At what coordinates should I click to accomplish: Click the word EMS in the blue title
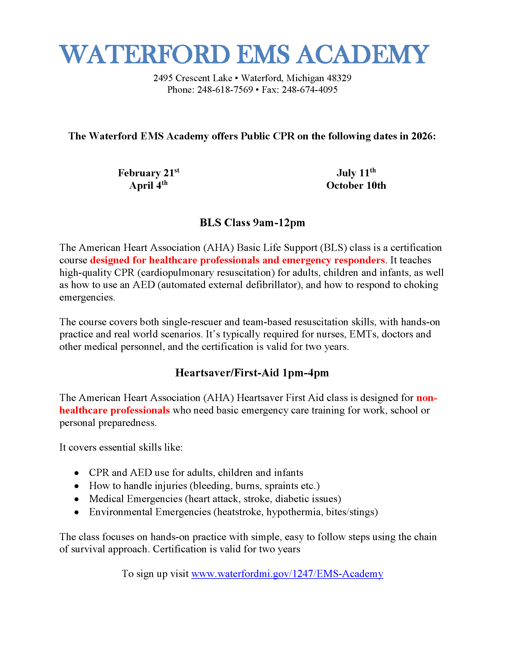[x=263, y=54]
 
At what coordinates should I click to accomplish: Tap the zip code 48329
[x=339, y=78]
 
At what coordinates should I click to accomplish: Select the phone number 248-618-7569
[x=225, y=90]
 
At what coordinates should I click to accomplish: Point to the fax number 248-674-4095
[x=310, y=90]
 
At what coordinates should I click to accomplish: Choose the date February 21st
[x=149, y=173]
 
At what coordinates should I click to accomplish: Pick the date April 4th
[x=149, y=185]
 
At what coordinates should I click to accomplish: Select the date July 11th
[x=356, y=173]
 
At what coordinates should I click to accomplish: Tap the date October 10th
[x=356, y=186]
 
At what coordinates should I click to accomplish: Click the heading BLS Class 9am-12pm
[x=252, y=223]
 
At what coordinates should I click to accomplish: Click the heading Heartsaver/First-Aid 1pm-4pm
[x=252, y=373]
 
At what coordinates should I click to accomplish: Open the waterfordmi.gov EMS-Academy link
[x=287, y=574]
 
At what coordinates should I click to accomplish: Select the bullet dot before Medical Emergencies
[x=77, y=499]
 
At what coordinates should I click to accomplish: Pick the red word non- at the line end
[x=427, y=398]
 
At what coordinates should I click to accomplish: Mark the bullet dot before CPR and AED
[x=77, y=473]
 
